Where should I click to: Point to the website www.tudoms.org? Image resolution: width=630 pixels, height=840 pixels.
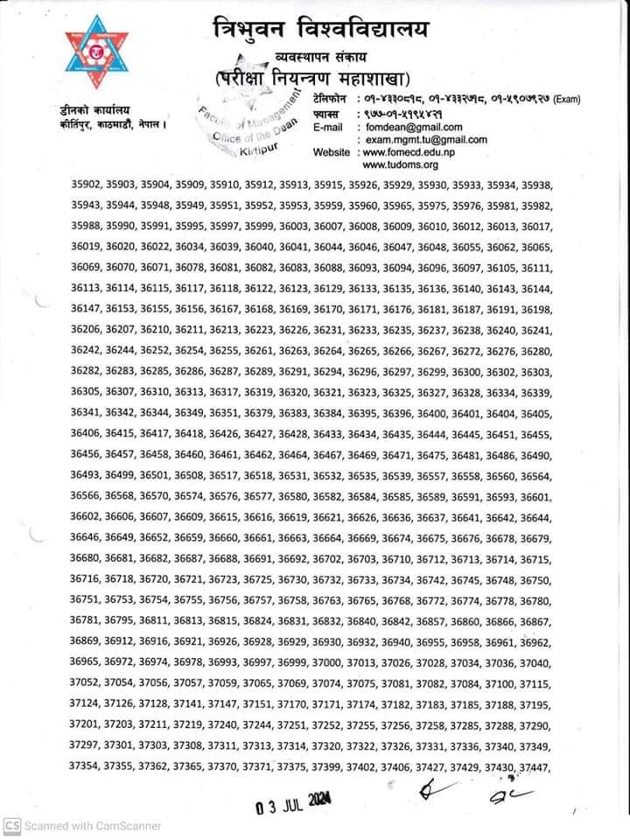[400, 164]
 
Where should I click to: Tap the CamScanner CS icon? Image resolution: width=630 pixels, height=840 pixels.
[11, 825]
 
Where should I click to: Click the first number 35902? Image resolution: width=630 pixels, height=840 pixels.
[86, 185]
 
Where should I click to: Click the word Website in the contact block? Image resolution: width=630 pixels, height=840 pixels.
[332, 151]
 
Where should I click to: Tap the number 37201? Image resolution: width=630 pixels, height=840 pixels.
[86, 725]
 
